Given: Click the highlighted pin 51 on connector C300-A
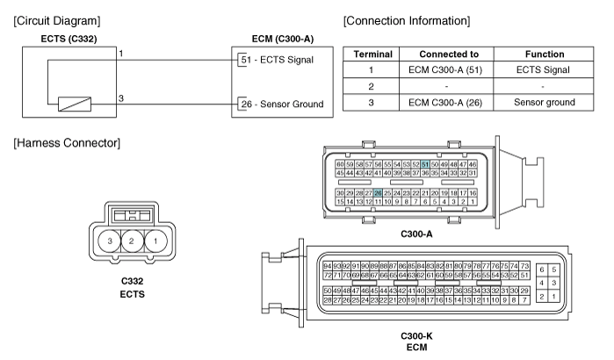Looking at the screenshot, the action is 425,164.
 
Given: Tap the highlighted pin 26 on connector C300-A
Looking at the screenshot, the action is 378,193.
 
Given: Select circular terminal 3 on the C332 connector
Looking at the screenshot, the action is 110,241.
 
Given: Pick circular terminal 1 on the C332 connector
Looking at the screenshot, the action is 155,241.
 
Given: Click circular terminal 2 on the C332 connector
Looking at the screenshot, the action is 133,241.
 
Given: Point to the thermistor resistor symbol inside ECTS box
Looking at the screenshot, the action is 75,104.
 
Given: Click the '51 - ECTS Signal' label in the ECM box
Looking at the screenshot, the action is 278,60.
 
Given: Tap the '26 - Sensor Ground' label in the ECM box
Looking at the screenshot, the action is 282,104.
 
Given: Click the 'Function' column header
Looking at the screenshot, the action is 545,54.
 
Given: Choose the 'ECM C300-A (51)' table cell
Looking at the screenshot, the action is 445,70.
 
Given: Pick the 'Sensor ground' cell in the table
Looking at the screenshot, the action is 545,102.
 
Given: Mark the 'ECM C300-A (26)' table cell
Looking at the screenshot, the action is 445,103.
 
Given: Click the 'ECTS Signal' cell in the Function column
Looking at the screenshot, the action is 543,69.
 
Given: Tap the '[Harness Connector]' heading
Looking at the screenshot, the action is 67,143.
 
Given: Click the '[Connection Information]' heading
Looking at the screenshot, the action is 407,21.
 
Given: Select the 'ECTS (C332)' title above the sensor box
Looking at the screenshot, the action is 69,39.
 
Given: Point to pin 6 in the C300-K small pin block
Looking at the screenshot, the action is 542,270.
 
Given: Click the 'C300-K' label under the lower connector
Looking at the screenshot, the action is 416,335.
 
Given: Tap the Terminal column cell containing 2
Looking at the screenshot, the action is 371,86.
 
